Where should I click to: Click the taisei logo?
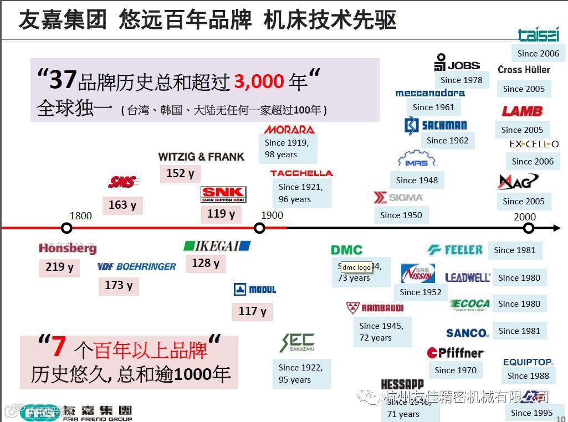click(x=538, y=35)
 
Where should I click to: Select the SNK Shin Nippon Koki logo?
click(x=223, y=195)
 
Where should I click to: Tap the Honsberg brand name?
click(x=68, y=248)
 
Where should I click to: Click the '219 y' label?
click(x=59, y=267)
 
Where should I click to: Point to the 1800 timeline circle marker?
click(x=66, y=228)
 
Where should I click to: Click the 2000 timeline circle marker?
click(x=529, y=228)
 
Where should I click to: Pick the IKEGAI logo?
click(x=217, y=246)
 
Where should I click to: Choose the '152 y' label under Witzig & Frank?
click(x=180, y=173)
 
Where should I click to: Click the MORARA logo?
click(x=289, y=130)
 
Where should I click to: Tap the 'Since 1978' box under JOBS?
click(x=461, y=80)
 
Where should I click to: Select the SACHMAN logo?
click(x=436, y=125)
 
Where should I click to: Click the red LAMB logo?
click(x=522, y=111)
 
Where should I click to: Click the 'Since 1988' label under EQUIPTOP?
click(x=528, y=375)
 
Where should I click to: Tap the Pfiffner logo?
click(x=455, y=353)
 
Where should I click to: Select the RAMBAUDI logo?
click(x=375, y=307)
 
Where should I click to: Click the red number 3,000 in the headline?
click(x=259, y=82)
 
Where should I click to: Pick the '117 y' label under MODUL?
click(x=252, y=311)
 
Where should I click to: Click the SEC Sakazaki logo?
click(x=298, y=343)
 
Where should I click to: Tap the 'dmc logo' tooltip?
click(x=356, y=267)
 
